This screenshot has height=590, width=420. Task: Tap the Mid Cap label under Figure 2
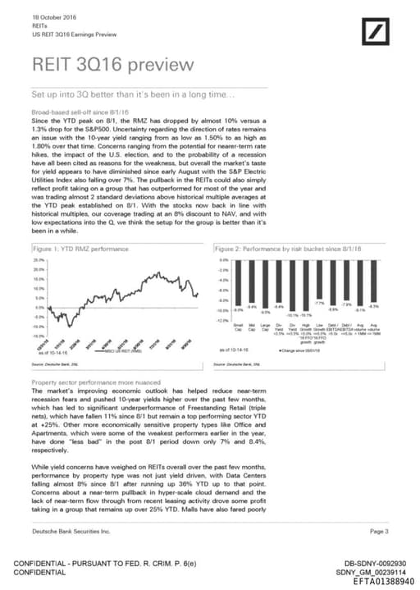[x=251, y=328]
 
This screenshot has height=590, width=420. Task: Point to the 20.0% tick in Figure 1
[x=38, y=268]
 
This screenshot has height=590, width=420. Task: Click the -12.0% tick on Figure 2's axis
[x=221, y=321]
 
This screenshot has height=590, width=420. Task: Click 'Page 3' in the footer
[x=379, y=532]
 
